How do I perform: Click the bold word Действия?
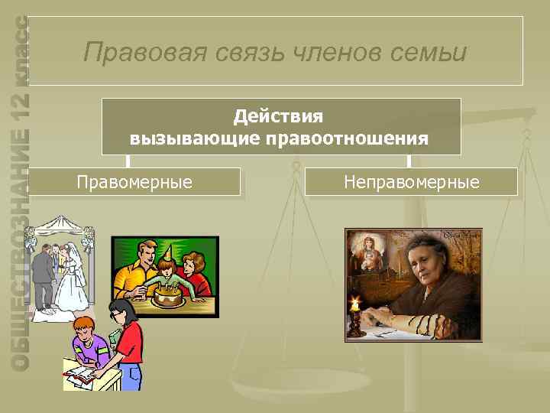(279, 116)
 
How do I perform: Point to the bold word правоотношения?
(346, 138)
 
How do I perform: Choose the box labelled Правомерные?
(135, 182)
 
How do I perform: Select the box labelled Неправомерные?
(411, 182)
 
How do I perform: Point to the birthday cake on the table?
(169, 294)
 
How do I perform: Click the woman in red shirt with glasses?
(126, 337)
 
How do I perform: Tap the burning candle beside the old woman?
(355, 306)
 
